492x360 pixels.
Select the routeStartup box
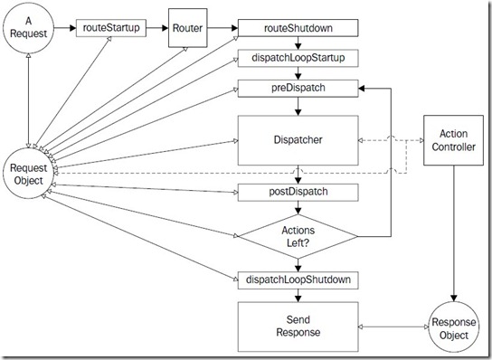point(111,28)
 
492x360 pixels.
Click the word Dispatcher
point(298,140)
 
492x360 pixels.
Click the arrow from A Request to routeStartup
point(65,28)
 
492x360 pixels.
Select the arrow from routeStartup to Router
point(157,28)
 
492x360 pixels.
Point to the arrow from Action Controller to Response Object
point(454,233)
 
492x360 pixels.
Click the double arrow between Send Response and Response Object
point(393,327)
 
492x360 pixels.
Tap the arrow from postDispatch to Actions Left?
point(298,207)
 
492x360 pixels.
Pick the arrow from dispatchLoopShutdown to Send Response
point(298,296)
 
